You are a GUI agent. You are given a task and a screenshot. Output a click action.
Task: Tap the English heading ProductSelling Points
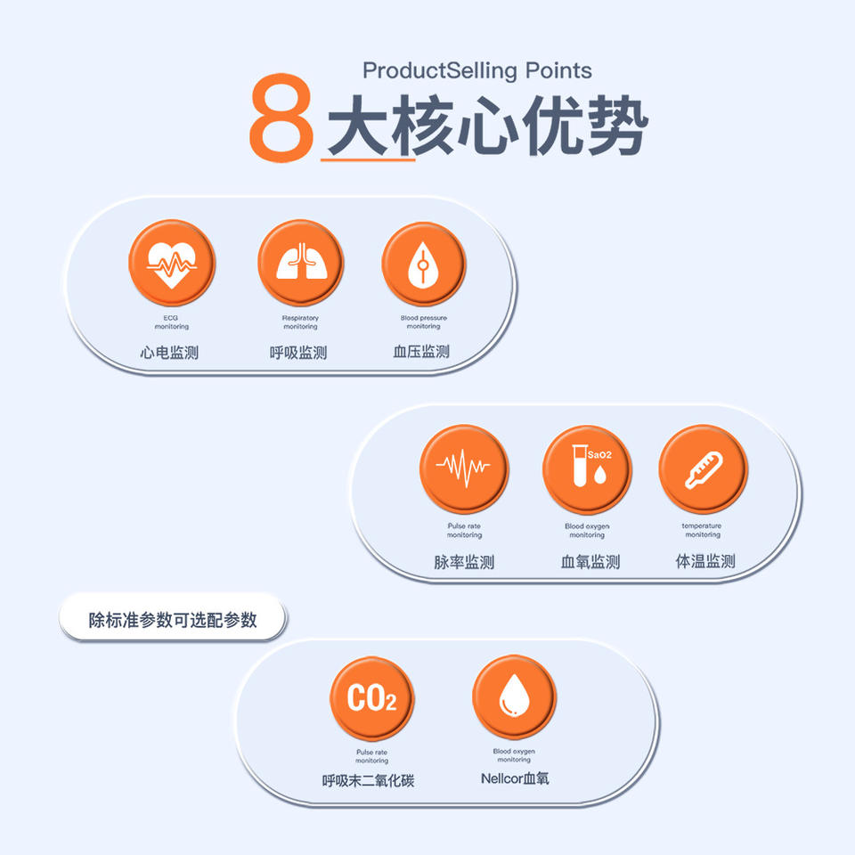click(x=477, y=70)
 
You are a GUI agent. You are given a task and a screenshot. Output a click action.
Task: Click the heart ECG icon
click(x=171, y=264)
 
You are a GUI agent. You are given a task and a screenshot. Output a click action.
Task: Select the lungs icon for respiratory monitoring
click(x=300, y=263)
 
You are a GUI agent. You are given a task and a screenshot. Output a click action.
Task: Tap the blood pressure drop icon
click(x=423, y=264)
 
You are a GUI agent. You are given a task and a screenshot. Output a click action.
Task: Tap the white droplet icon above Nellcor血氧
click(x=514, y=697)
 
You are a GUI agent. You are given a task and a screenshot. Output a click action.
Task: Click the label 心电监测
click(x=169, y=353)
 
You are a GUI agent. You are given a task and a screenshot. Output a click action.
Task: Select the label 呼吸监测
click(x=298, y=353)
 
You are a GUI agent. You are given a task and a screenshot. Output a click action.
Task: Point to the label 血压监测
click(x=421, y=352)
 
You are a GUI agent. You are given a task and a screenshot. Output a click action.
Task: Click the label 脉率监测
click(x=464, y=562)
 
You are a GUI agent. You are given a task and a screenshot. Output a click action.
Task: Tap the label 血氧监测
click(x=590, y=562)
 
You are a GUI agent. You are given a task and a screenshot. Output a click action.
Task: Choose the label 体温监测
click(x=705, y=561)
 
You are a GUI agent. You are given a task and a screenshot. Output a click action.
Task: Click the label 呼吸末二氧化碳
click(x=368, y=781)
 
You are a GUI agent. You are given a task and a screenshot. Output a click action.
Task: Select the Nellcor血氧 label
click(x=515, y=778)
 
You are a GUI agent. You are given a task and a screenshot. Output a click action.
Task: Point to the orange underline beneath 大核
click(x=368, y=159)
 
